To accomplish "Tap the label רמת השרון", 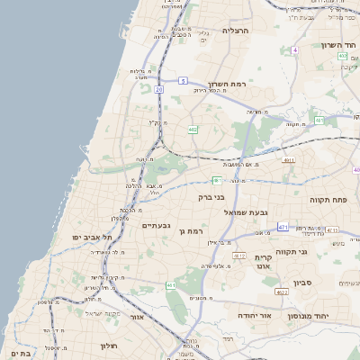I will coord(224,81).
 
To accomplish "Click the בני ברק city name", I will coord(211,195).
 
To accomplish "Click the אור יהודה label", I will coord(236,316).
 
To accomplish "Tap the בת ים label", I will coord(17,354).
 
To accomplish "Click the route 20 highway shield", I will coord(158,89).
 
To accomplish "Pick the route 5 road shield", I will coord(183,81).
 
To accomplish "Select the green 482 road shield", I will coord(193,130).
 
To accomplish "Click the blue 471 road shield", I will coord(283,227).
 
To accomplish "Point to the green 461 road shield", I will coord(170,285).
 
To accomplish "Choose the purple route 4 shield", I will coord(294,50).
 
